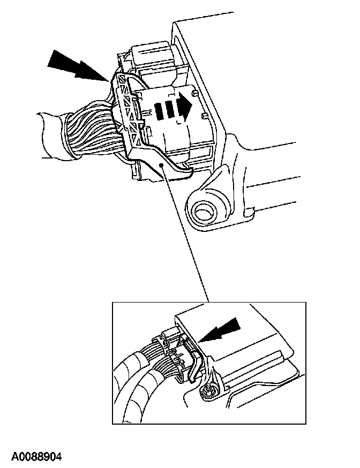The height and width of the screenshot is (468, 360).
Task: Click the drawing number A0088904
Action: pos(36,456)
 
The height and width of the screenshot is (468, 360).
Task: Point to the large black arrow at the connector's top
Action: pos(78,66)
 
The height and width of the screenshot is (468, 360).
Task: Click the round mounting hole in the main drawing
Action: pos(204,212)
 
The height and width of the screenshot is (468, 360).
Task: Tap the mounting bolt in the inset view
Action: pos(207,391)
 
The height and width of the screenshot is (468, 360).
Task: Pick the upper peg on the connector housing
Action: pos(195,94)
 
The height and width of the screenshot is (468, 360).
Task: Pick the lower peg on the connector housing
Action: pos(204,116)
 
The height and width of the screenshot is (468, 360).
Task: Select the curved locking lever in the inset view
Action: pos(194,366)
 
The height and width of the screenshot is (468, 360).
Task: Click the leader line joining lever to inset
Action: pos(185,233)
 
